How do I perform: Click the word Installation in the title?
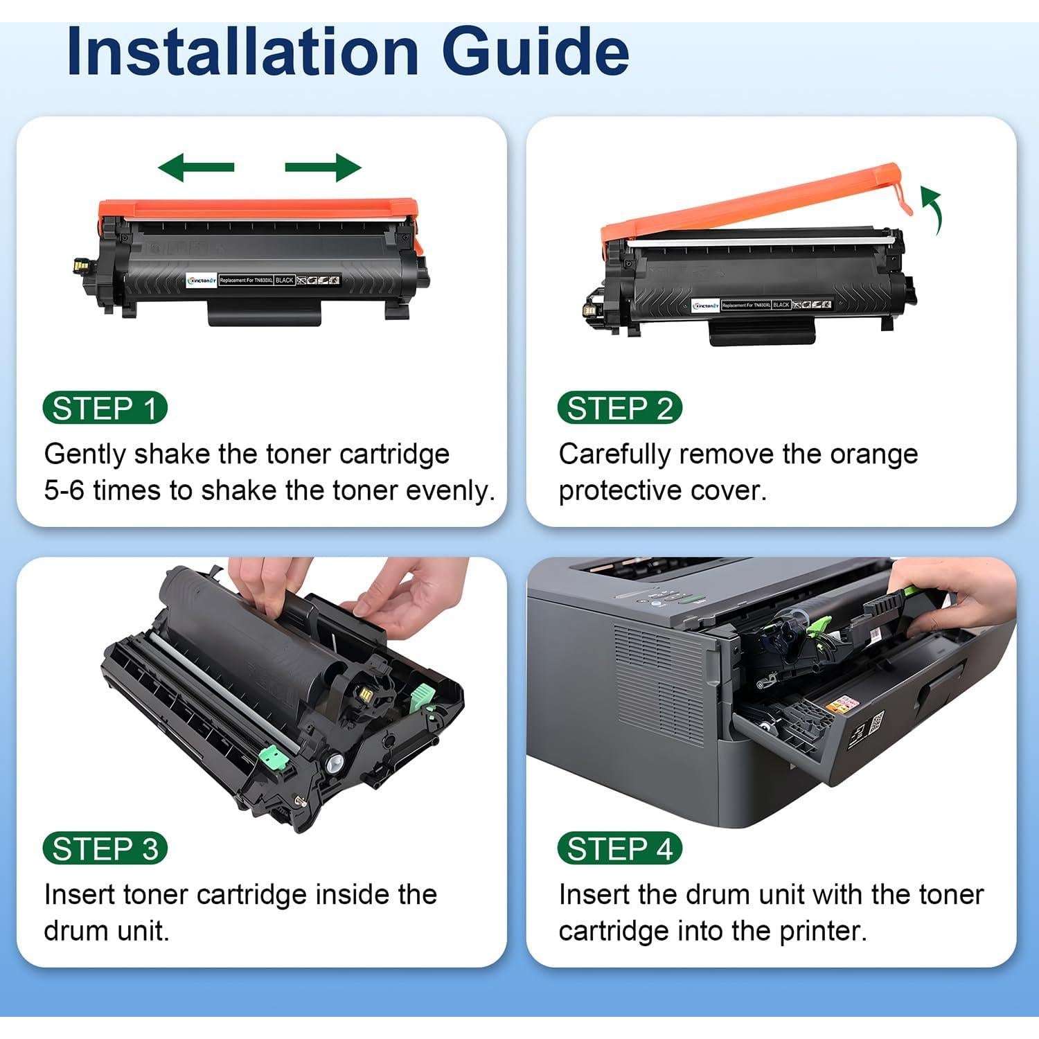(x=242, y=52)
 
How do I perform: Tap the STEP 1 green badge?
(x=105, y=409)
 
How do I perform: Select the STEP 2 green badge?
(x=620, y=409)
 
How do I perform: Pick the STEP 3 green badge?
(x=105, y=849)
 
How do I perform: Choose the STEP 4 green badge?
(x=620, y=849)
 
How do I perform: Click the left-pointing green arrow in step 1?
(x=196, y=168)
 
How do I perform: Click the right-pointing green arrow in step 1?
(x=323, y=168)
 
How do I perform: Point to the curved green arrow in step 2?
(x=932, y=208)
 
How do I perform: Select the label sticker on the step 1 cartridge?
(x=263, y=280)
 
